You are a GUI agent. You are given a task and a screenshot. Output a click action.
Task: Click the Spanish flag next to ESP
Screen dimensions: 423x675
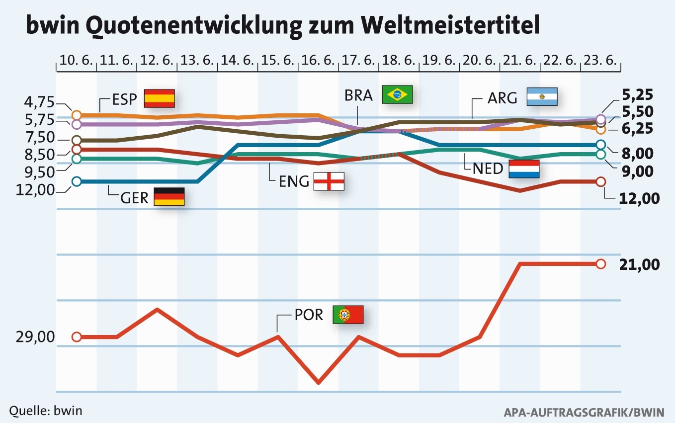(159, 98)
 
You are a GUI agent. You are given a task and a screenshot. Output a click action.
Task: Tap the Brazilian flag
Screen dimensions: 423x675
(397, 94)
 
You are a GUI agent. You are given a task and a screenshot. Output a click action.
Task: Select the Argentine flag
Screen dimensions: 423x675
(542, 96)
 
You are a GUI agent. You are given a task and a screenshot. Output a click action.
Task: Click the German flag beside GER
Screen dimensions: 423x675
(169, 197)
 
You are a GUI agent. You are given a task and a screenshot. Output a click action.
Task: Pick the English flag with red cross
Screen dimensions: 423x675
(329, 181)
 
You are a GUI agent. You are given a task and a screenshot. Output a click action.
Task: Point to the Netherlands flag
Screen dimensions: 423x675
(524, 169)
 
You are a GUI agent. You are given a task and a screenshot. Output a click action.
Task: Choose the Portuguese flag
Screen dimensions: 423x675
(348, 314)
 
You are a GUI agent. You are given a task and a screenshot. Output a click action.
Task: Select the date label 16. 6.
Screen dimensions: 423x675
(318, 61)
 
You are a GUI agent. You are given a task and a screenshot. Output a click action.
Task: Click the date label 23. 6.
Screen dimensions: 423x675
(601, 61)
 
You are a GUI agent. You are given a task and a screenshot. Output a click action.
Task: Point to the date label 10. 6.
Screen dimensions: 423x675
(76, 61)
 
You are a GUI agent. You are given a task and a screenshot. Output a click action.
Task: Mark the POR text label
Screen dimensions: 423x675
(308, 315)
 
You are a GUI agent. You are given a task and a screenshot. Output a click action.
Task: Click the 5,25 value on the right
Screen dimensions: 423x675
(640, 94)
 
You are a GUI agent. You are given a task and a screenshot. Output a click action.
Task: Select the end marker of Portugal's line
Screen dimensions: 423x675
(600, 264)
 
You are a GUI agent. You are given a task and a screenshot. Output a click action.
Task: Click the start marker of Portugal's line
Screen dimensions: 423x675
(76, 337)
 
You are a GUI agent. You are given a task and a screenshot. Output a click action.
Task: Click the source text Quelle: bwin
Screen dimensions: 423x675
(46, 411)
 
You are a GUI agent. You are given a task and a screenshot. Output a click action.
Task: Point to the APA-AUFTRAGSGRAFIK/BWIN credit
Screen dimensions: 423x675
(584, 412)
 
